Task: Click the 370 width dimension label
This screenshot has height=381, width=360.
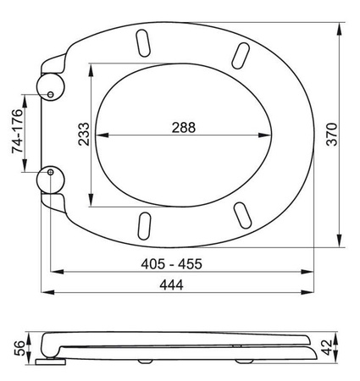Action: pyautogui.click(x=332, y=134)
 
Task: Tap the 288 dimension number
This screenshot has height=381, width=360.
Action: pyautogui.click(x=184, y=128)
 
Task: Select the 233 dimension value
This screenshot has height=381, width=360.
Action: pyautogui.click(x=84, y=134)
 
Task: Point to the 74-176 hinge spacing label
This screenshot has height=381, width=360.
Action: pyautogui.click(x=18, y=130)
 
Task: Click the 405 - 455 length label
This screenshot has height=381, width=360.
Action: pyautogui.click(x=172, y=264)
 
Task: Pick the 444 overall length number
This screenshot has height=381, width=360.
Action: pyautogui.click(x=171, y=284)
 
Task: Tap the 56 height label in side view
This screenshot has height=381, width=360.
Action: pyautogui.click(x=19, y=348)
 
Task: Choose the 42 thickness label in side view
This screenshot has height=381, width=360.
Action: pyautogui.click(x=327, y=347)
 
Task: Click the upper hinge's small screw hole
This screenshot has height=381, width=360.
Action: pyautogui.click(x=50, y=95)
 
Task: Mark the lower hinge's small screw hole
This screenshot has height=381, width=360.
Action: pyautogui.click(x=50, y=172)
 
